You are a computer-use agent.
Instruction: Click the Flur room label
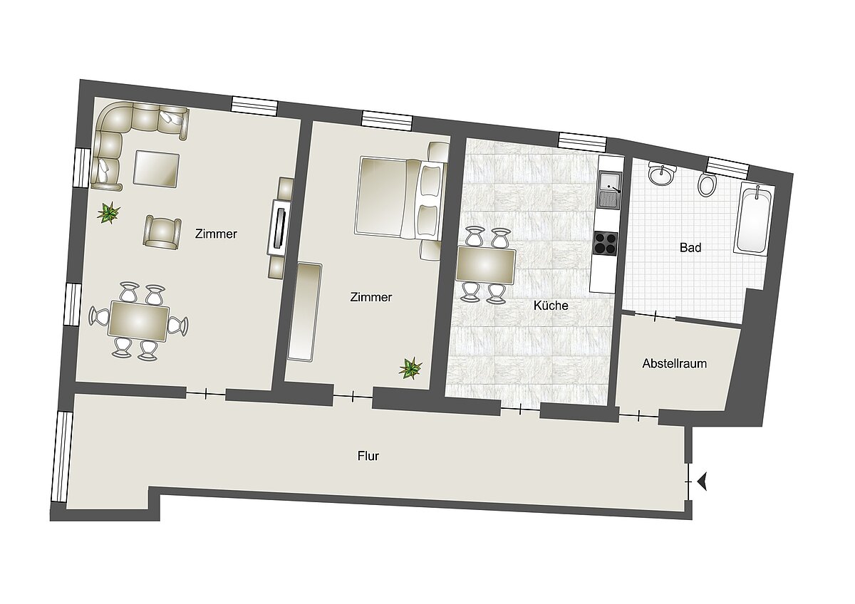pos(368,456)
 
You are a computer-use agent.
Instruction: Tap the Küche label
pos(551,306)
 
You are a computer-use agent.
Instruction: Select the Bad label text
pos(690,248)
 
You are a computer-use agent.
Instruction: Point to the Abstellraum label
pos(674,363)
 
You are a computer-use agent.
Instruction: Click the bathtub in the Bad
pos(754,219)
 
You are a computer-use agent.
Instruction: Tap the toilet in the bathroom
pos(707,186)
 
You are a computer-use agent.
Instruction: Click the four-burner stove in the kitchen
pos(606,244)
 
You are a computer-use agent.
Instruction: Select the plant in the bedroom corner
pos(410,368)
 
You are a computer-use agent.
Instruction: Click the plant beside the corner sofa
pos(109,212)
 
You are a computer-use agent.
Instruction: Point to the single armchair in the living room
pos(162,233)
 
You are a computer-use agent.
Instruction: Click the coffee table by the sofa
pos(156,169)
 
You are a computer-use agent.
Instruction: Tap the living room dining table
pos(138,321)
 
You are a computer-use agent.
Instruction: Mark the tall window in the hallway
pos(62,457)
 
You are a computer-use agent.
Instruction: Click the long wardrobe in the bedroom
pos(304,312)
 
